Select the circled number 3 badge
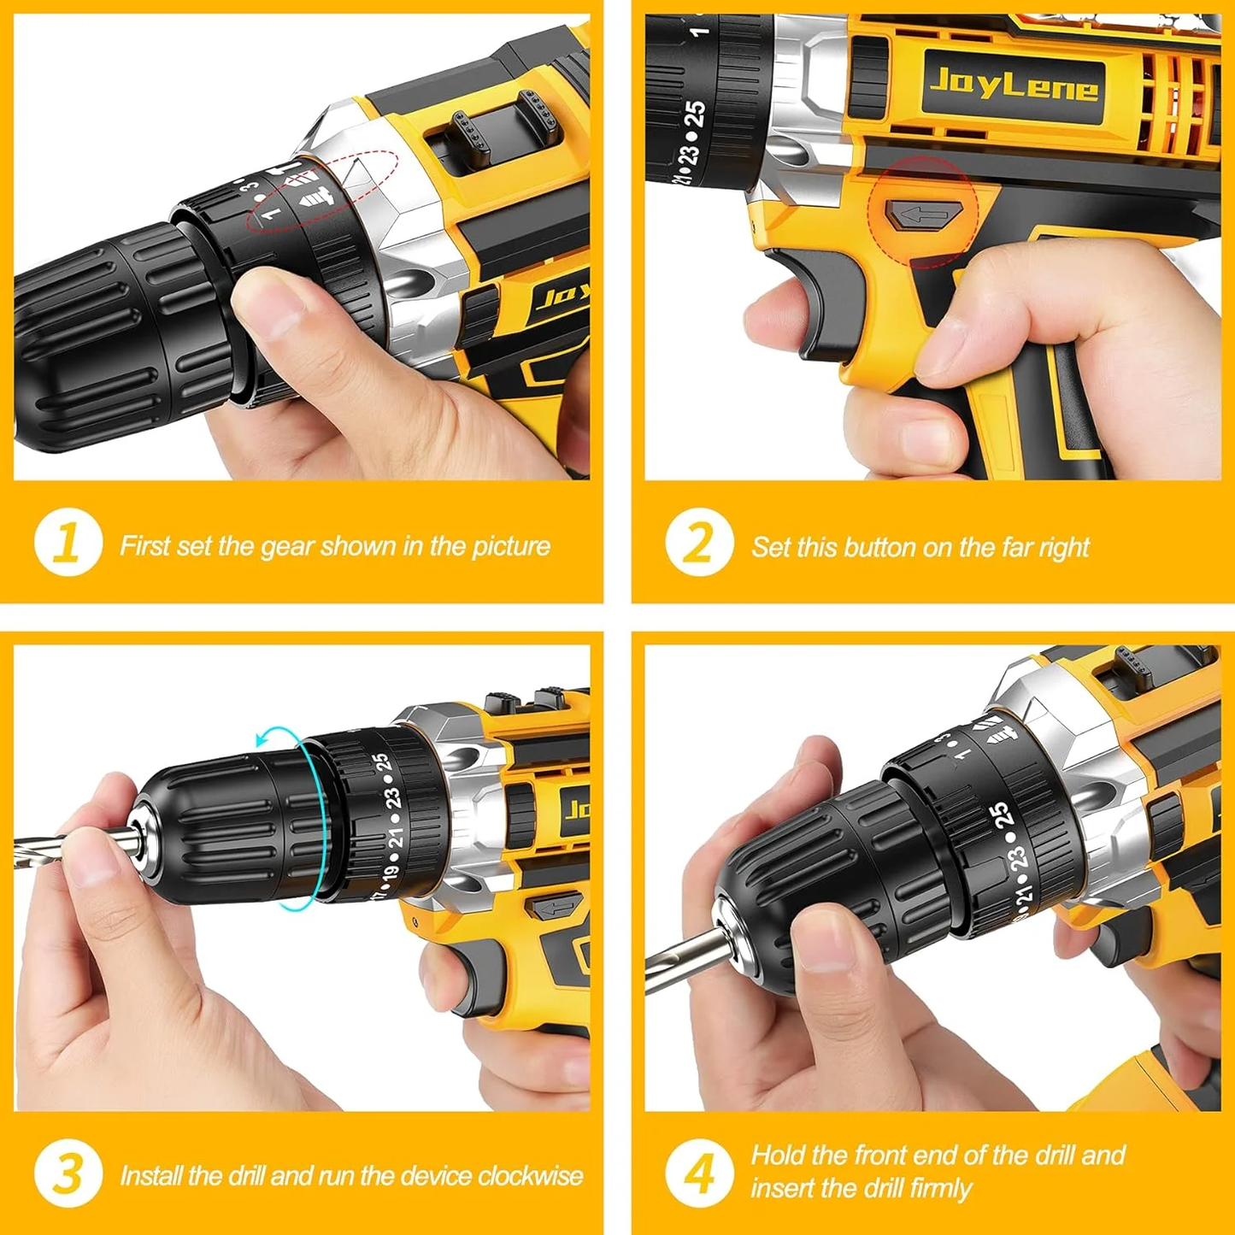(x=68, y=1173)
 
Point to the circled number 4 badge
(x=699, y=1173)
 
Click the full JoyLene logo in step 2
(x=1013, y=85)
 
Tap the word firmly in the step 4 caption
(x=940, y=1189)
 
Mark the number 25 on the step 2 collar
(x=696, y=114)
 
